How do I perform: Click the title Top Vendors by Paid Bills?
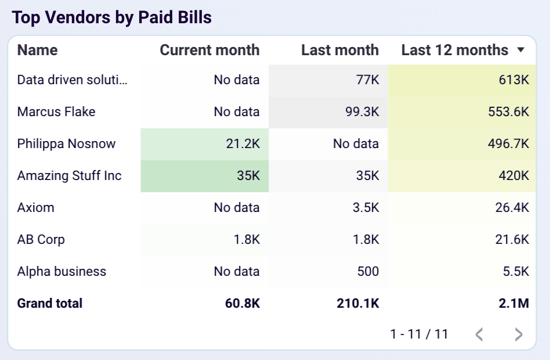112,17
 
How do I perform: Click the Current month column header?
209,51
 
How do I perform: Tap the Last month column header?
339,51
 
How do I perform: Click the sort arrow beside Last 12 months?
520,51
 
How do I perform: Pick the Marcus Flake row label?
56,111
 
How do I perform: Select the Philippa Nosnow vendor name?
67,143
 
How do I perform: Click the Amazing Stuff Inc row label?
70,175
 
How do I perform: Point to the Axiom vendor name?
36,207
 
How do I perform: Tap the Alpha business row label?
61,271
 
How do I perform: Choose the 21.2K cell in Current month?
243,143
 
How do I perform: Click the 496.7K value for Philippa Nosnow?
508,143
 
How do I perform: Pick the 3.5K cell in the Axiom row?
365,207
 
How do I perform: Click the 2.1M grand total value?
516,303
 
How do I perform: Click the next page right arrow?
519,334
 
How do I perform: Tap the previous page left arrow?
479,334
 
